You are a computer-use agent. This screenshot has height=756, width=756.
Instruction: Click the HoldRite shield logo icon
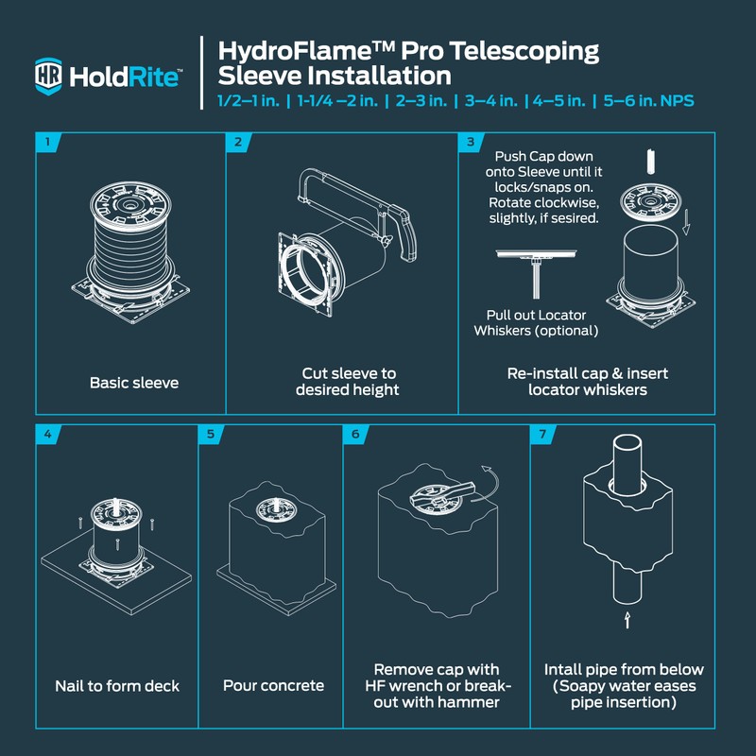(x=48, y=76)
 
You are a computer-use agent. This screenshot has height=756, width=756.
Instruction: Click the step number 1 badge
(x=46, y=143)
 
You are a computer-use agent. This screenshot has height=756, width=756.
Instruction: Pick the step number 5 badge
(x=209, y=436)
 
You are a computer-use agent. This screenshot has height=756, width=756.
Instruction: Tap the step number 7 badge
(x=541, y=436)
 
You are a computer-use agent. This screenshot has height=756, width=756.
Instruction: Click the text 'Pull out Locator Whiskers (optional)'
(x=536, y=322)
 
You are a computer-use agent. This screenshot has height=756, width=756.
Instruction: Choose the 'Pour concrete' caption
(x=273, y=685)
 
